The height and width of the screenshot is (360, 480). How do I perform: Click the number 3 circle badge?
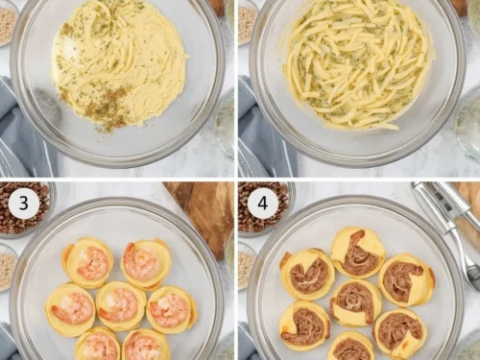coord(24,203)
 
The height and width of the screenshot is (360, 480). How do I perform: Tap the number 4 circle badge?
coord(263,203)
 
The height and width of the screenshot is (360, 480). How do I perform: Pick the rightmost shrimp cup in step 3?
coord(171,309)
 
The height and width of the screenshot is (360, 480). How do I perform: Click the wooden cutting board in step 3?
coord(204,214)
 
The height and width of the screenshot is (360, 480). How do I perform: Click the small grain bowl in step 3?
coord(7,267)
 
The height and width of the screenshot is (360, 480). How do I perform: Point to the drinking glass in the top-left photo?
coord(224,123)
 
